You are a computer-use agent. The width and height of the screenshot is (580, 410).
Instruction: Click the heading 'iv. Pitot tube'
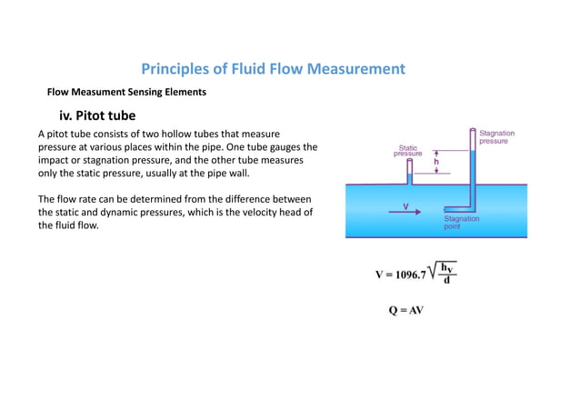pyautogui.click(x=97, y=116)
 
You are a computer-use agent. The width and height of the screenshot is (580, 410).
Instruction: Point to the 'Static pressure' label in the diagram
pyautogui.click(x=407, y=151)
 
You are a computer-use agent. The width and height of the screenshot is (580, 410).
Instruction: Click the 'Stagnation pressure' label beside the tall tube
pyautogui.click(x=496, y=137)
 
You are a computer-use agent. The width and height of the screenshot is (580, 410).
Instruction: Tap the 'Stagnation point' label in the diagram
pyautogui.click(x=461, y=222)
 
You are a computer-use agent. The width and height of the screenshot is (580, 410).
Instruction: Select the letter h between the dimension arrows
pyautogui.click(x=436, y=162)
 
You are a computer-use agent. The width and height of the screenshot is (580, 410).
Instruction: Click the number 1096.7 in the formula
pyautogui.click(x=413, y=274)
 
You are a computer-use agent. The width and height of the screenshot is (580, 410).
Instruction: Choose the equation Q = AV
pyautogui.click(x=406, y=309)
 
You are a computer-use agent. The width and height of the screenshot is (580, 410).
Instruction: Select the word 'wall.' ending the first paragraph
pyautogui.click(x=235, y=173)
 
